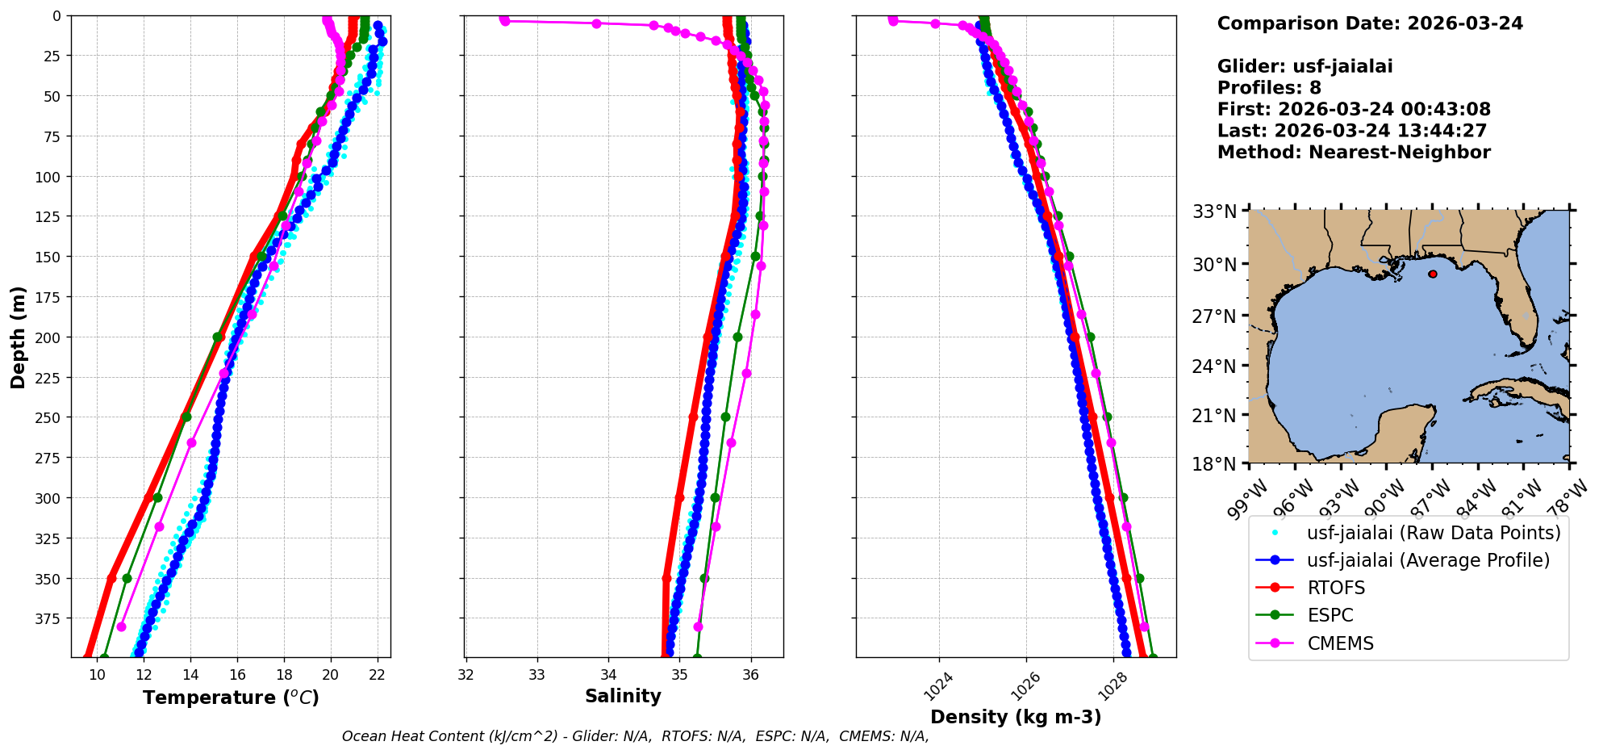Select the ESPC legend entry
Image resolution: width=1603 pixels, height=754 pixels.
(1330, 615)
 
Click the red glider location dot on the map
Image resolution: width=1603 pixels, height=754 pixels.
(1433, 274)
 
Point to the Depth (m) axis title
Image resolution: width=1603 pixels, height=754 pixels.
(18, 337)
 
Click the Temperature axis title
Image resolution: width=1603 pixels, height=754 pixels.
(231, 697)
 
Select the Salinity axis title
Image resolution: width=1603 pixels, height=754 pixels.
(623, 696)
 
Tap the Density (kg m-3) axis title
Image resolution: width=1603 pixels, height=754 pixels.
(1016, 717)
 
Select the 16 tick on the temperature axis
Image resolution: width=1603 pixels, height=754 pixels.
(237, 675)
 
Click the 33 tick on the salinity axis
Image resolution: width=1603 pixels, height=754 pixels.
(537, 675)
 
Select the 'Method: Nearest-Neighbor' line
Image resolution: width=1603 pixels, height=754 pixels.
(1354, 152)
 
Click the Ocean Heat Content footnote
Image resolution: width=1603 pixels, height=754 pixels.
(635, 736)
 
